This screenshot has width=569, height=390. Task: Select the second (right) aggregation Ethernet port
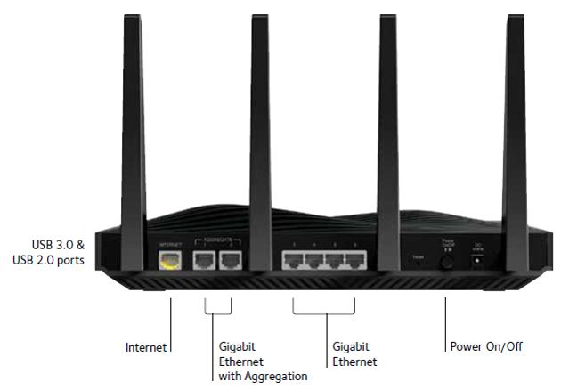tap(230, 260)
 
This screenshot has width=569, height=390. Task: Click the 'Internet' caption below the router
tap(147, 345)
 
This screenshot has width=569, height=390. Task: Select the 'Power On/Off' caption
tap(485, 345)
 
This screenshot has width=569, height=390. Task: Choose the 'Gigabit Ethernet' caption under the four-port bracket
tap(354, 353)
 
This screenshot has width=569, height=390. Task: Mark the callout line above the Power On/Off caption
tap(444, 321)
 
